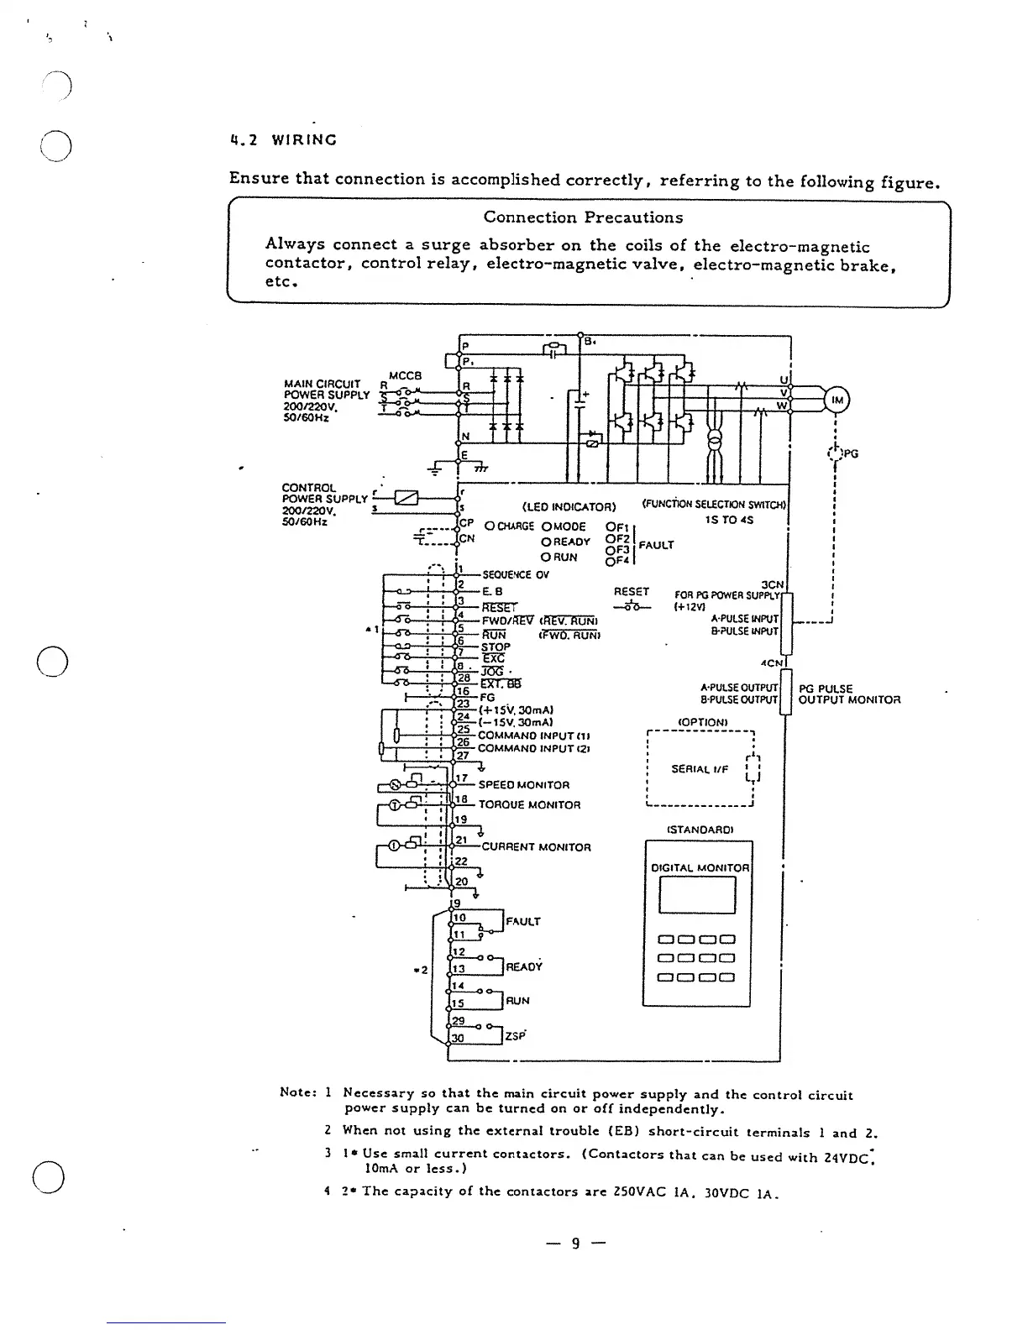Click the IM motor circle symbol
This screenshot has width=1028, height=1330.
point(837,401)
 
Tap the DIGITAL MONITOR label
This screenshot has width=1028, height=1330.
point(700,867)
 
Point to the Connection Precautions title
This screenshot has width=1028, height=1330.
point(583,217)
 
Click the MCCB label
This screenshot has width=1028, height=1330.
point(405,375)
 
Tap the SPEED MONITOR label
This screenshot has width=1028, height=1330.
point(524,785)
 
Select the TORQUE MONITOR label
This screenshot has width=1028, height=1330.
point(529,805)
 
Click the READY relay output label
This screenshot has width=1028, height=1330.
point(524,966)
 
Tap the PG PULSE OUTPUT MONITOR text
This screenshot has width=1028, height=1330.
point(848,694)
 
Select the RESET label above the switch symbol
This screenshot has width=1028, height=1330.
point(632,591)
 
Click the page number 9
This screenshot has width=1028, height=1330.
point(575,1244)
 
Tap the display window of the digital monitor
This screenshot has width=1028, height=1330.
point(697,895)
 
